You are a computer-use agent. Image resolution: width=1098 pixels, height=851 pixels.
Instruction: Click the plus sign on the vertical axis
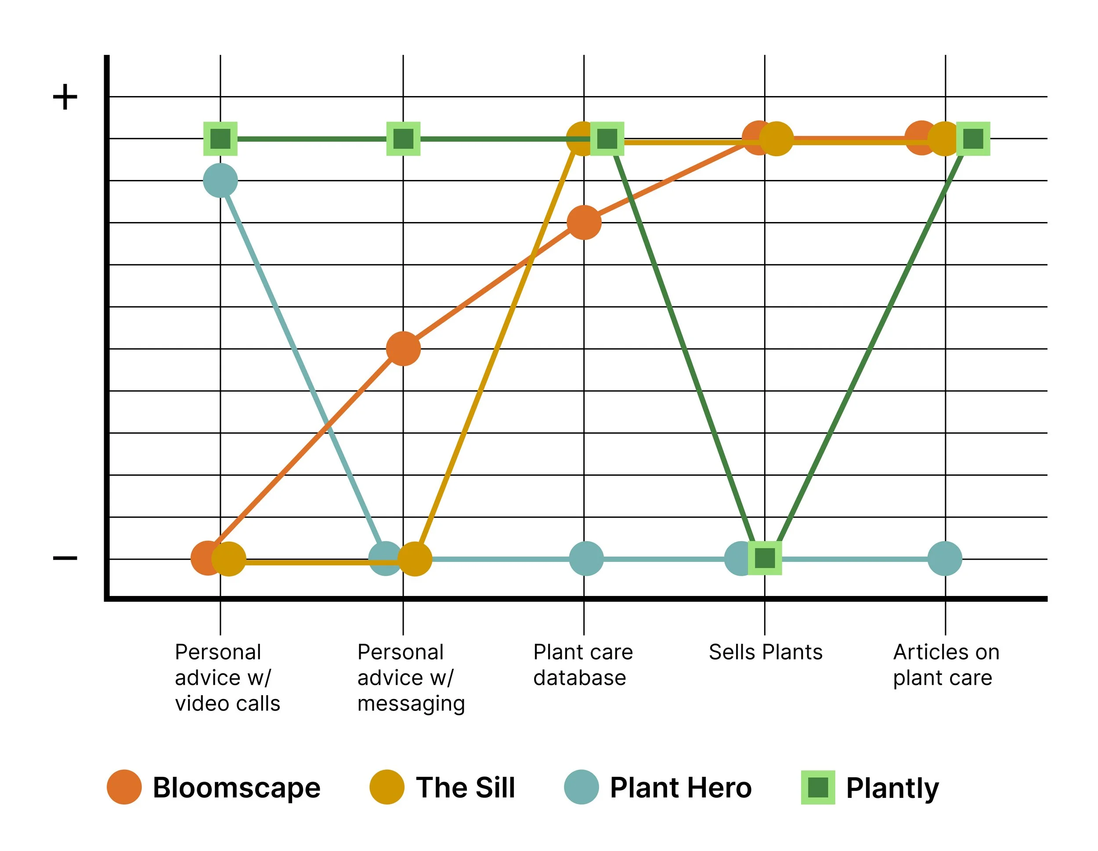click(x=65, y=97)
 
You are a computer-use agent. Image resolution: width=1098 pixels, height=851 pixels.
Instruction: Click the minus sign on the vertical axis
click(x=65, y=558)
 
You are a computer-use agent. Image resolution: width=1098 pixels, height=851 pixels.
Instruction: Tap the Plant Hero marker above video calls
click(x=220, y=180)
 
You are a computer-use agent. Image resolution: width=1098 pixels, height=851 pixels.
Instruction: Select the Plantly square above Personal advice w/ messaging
click(x=403, y=139)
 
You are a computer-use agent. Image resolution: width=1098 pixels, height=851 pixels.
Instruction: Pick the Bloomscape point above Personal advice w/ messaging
click(x=403, y=348)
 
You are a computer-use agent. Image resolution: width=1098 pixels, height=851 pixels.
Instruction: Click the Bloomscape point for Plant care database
click(x=584, y=223)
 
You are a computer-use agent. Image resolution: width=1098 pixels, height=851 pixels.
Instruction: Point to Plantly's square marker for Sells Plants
click(x=765, y=558)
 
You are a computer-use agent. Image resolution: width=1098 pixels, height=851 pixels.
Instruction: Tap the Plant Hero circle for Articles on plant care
click(x=945, y=559)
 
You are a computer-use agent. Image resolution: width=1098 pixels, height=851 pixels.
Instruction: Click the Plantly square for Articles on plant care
click(x=973, y=139)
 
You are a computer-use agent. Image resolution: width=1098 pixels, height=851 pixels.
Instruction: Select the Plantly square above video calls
click(x=220, y=139)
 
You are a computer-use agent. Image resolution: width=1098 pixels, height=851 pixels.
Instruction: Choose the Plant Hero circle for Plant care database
click(x=586, y=559)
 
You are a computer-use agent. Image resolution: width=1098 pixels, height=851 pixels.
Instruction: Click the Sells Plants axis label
click(x=765, y=652)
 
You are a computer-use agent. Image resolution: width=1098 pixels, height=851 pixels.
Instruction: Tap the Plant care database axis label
click(x=583, y=664)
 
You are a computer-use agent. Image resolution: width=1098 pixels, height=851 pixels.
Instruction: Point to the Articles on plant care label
click(x=946, y=664)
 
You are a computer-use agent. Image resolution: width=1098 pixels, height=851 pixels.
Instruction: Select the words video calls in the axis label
click(x=227, y=703)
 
